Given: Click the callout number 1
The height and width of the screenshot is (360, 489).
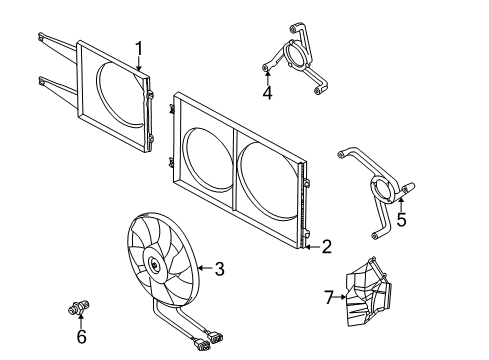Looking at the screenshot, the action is click(139, 49).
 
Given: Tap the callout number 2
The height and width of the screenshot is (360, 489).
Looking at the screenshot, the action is click(326, 247).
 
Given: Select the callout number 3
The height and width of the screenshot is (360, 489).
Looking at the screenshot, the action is click(219, 269).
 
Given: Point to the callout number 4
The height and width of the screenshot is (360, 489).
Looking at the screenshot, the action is click(267, 92).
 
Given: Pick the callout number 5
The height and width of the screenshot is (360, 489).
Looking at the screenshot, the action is click(402, 220).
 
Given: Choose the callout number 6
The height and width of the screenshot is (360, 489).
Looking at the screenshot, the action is click(82, 336).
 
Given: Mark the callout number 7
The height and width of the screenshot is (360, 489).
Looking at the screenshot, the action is click(329, 297).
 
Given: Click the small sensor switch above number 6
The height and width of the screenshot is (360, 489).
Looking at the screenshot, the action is click(79, 307).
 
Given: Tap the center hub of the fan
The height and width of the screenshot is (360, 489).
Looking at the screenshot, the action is click(154, 264).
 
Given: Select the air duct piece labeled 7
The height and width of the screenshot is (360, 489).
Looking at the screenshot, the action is click(368, 293).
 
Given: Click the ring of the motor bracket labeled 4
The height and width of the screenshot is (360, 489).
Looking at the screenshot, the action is click(297, 55).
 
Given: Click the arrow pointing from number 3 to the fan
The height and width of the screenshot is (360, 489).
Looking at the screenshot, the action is click(206, 268).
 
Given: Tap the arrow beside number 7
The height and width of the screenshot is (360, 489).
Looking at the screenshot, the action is click(340, 296).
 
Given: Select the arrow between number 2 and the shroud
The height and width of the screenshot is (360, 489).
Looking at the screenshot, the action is click(313, 247).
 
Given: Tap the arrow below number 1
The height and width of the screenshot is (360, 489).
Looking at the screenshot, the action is click(139, 63).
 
